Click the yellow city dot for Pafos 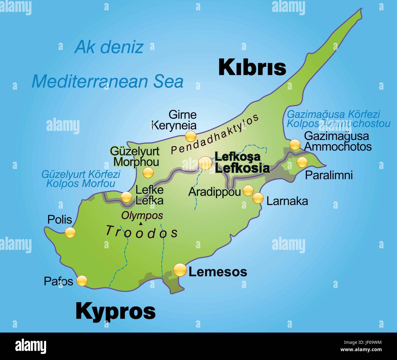(x=82, y=281)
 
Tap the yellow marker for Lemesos (x=180, y=270)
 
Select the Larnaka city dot (x=258, y=198)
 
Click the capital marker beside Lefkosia (x=205, y=163)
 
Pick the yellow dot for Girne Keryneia (x=191, y=136)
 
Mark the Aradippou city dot (x=248, y=190)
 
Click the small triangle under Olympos (x=140, y=224)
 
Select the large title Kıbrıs (x=252, y=67)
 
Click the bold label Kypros (x=115, y=311)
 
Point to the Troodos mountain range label (x=142, y=232)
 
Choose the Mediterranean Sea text (x=107, y=81)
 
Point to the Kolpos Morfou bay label (x=81, y=184)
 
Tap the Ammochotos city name (x=338, y=146)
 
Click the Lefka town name (x=149, y=200)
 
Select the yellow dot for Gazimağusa (x=295, y=144)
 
